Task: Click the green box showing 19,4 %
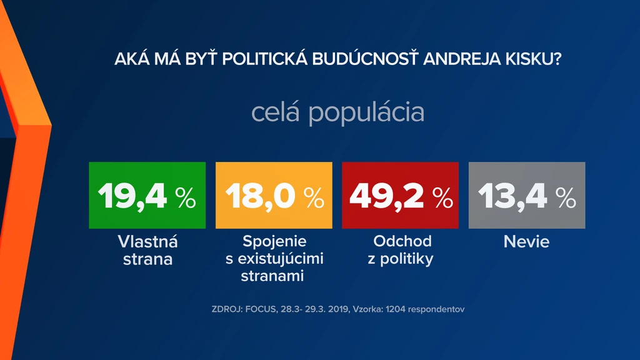tap(147, 195)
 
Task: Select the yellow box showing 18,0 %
tap(274, 195)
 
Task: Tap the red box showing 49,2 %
tap(401, 195)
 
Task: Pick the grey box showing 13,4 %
tap(527, 195)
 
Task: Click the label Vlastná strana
tap(147, 250)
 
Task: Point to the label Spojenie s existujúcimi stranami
tap(274, 258)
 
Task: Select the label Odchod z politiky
tap(401, 250)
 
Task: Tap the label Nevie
tap(526, 242)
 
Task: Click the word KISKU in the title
tap(533, 59)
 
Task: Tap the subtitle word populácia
tap(366, 112)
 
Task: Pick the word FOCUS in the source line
tap(261, 309)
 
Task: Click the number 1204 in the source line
tap(396, 309)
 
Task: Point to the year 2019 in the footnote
tap(337, 309)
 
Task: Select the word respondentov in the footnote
tap(436, 309)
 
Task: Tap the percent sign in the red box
tap(443, 198)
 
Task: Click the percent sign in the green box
tap(186, 198)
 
